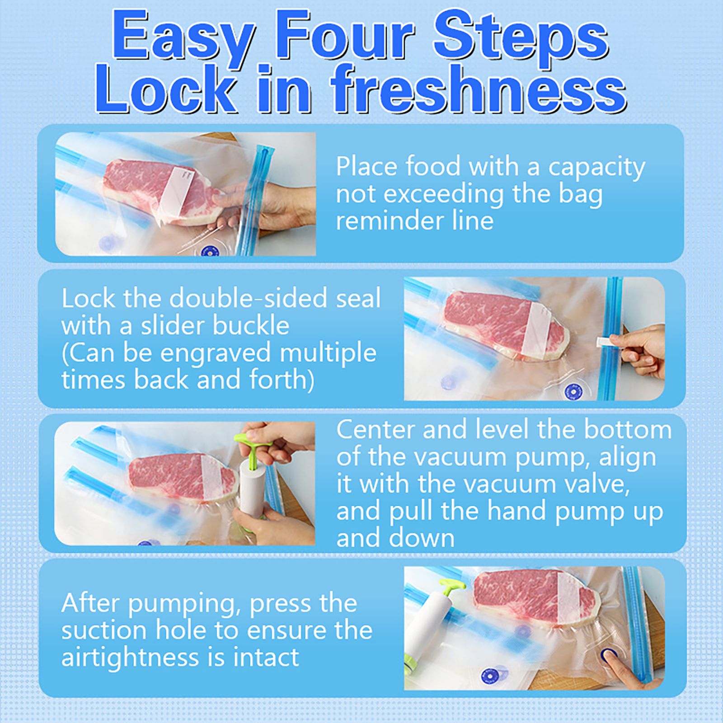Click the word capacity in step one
coord(596,168)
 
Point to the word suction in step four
coord(105,630)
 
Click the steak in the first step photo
coord(163,192)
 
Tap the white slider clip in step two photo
coord(607,342)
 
